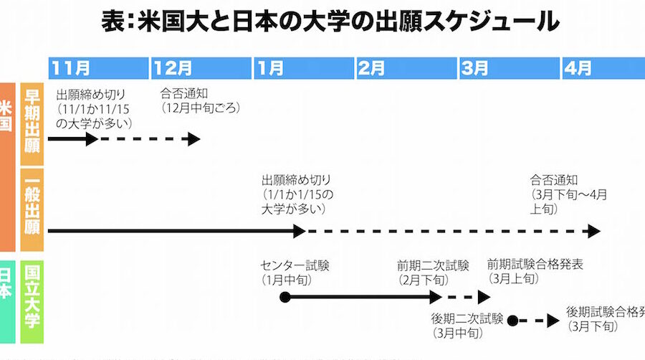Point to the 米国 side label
tap(6, 115)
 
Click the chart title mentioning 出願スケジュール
tap(330, 22)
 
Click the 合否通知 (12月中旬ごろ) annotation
tap(200, 101)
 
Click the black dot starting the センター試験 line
tap(285, 297)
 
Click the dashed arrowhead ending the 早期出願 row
tap(194, 139)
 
